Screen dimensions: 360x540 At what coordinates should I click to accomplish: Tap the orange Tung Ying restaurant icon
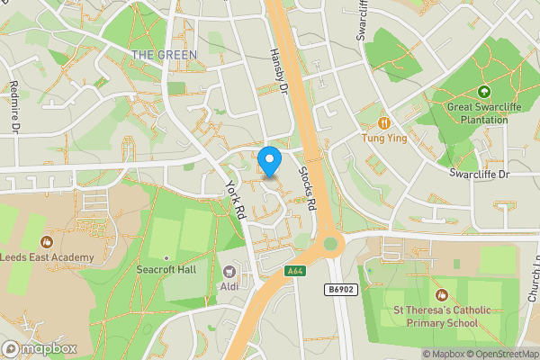pos(384,122)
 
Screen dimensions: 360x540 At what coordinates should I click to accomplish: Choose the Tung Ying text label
pos(384,139)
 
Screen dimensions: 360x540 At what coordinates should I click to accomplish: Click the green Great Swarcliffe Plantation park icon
pos(484,92)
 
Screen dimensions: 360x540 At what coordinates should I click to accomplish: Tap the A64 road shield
pos(294,271)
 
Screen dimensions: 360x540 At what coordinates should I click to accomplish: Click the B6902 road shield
pos(337,289)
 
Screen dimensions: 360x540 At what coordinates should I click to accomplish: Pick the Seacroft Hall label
pos(166,269)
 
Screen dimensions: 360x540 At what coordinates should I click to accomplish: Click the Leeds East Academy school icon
pos(46,241)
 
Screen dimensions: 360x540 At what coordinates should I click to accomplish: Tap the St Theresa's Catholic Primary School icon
pos(441,294)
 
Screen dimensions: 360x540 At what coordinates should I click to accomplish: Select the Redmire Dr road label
pos(14,106)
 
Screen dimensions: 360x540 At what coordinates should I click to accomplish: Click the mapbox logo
pos(40,348)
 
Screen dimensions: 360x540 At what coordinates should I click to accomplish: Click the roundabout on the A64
pos(329,242)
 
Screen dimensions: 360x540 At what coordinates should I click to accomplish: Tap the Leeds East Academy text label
pos(47,257)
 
